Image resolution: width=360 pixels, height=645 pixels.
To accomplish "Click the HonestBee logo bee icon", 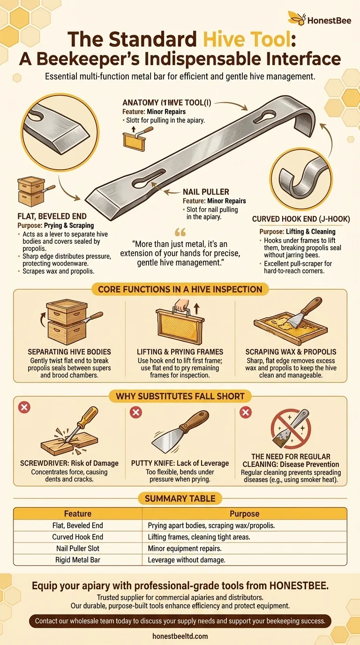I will pos(296,19).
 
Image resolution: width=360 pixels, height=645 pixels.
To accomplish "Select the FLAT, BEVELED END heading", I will pos(52,217).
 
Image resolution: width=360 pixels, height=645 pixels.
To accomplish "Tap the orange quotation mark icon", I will pos(180,233).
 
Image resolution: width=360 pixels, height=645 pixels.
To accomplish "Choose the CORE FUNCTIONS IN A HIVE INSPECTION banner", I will pos(180,289).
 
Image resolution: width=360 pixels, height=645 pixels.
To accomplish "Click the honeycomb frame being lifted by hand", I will pos(180,326).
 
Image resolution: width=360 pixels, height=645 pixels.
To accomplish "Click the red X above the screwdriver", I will pos(24,407).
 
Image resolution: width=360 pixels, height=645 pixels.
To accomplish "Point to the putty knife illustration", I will pos(180,430).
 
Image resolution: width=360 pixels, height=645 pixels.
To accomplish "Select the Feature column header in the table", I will pos(78,514).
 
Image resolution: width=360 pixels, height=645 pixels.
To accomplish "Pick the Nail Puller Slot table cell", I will pos(78,548).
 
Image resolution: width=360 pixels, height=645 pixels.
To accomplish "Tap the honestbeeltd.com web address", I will pos(180,636).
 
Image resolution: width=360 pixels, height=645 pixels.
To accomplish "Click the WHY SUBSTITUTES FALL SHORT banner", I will pos(180,397).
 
